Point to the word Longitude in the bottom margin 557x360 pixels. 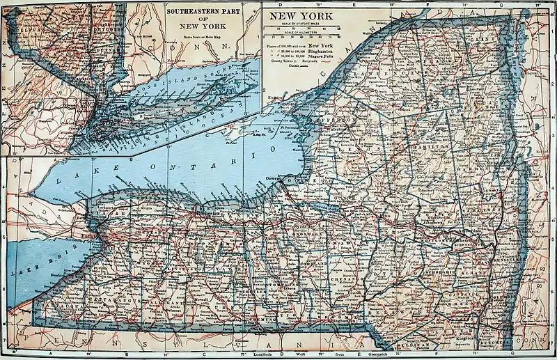pos(272,355)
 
